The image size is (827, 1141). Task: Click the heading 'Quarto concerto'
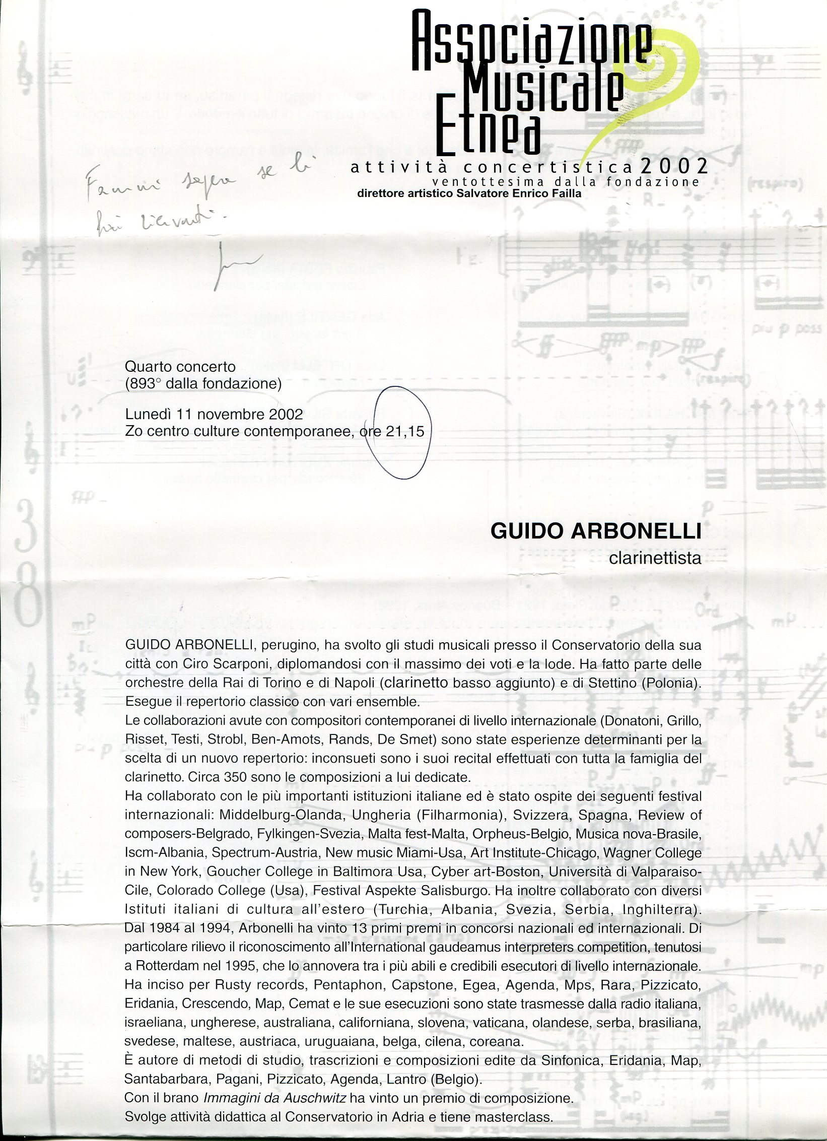[x=180, y=366]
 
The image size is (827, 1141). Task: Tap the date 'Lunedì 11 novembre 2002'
[x=214, y=414]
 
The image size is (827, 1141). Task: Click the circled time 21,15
[x=405, y=431]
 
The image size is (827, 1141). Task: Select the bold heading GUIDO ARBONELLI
[x=596, y=531]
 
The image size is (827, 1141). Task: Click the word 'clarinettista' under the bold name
[x=655, y=558]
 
